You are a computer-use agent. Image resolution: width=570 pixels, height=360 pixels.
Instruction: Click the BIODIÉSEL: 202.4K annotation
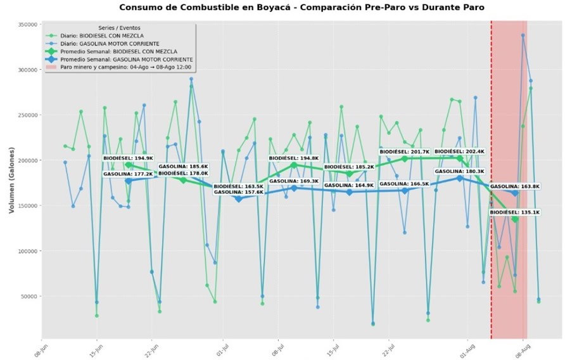click(x=460, y=152)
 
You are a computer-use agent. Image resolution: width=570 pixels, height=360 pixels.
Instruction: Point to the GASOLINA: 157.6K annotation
click(x=238, y=192)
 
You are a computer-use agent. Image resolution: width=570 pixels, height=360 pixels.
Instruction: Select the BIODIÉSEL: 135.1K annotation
click(x=515, y=212)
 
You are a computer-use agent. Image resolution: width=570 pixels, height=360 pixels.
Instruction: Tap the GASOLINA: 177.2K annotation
click(x=128, y=174)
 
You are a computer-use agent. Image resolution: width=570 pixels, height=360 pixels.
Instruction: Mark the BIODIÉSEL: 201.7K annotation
click(x=404, y=152)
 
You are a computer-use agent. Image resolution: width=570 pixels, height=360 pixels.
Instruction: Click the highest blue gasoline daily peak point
click(x=523, y=35)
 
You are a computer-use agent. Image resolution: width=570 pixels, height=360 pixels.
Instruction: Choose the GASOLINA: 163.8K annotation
click(x=515, y=187)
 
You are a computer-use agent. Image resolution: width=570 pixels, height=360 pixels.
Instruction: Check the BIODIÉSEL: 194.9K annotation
click(x=128, y=158)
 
